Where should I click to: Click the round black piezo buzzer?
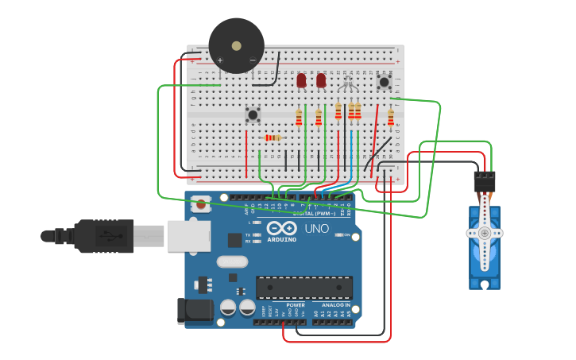click(236, 46)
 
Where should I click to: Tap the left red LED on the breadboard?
click(301, 80)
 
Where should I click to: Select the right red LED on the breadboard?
click(321, 80)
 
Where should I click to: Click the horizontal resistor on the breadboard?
click(273, 138)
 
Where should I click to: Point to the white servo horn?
click(484, 233)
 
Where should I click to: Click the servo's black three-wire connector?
click(484, 181)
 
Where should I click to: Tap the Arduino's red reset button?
click(202, 204)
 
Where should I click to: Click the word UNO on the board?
click(317, 229)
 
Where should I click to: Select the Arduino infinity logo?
click(281, 229)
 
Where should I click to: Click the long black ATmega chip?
click(303, 287)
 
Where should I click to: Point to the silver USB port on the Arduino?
click(188, 235)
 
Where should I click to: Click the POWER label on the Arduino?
click(296, 305)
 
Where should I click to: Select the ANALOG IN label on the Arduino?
click(336, 305)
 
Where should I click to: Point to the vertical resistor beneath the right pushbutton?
click(390, 118)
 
